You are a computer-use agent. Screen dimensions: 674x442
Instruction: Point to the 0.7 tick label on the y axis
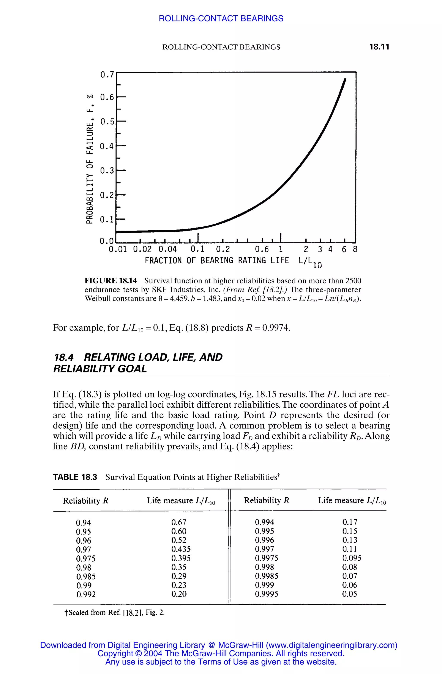107,75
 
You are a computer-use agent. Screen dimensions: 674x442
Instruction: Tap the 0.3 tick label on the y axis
107,171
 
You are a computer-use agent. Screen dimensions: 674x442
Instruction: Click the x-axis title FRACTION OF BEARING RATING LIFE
217,261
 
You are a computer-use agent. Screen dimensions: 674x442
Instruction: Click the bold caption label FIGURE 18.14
111,281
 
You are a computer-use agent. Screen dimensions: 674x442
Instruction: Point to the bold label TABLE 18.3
75,477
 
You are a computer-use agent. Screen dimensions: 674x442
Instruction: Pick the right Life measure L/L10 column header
352,501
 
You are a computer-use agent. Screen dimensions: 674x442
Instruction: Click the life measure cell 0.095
352,558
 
